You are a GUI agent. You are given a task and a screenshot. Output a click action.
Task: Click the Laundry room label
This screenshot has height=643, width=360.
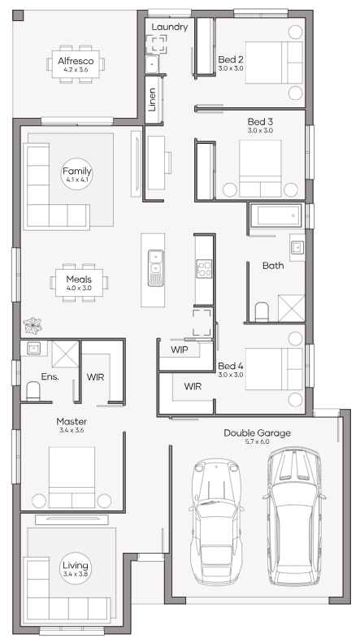pyautogui.click(x=169, y=27)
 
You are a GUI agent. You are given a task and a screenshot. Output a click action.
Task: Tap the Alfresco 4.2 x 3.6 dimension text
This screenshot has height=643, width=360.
pyautogui.click(x=76, y=70)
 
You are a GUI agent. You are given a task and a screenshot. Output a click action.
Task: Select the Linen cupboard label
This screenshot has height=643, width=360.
pyautogui.click(x=152, y=100)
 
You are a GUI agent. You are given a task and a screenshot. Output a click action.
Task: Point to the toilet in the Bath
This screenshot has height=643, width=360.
pyautogui.click(x=262, y=312)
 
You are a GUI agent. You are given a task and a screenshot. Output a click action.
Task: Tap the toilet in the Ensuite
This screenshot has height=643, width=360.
pyautogui.click(x=33, y=391)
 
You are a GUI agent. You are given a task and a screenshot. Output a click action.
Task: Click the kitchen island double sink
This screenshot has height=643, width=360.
pyautogui.click(x=155, y=268)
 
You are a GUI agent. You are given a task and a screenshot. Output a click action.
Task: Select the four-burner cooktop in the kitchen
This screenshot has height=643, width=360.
pyautogui.click(x=204, y=268)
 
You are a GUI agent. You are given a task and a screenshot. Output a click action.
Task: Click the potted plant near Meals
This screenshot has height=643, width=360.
pyautogui.click(x=33, y=326)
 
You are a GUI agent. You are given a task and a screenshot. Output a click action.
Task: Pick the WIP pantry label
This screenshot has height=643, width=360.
pyautogui.click(x=179, y=350)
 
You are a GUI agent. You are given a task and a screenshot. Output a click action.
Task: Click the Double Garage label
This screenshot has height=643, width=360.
pyautogui.click(x=257, y=433)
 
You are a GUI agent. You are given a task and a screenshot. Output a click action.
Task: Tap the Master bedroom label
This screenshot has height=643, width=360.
pyautogui.click(x=72, y=422)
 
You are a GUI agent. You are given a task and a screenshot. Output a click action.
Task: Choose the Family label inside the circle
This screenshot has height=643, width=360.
pyautogui.click(x=76, y=171)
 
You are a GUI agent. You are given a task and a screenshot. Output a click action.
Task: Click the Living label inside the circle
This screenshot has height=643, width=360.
pyautogui.click(x=76, y=566)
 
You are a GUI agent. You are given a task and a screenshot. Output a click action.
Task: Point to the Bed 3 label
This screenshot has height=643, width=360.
pyautogui.click(x=260, y=122)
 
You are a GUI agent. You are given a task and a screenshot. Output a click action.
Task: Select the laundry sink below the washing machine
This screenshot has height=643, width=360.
pyautogui.click(x=152, y=64)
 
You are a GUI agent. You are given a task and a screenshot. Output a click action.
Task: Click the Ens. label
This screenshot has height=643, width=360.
pyautogui.click(x=50, y=376)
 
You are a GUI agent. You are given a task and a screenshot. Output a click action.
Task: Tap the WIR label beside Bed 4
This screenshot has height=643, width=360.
pyautogui.click(x=193, y=386)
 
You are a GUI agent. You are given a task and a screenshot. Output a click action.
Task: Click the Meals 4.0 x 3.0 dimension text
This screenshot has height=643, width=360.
pyautogui.click(x=79, y=289)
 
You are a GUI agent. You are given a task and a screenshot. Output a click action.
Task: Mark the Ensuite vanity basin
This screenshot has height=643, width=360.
pyautogui.click(x=33, y=349)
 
